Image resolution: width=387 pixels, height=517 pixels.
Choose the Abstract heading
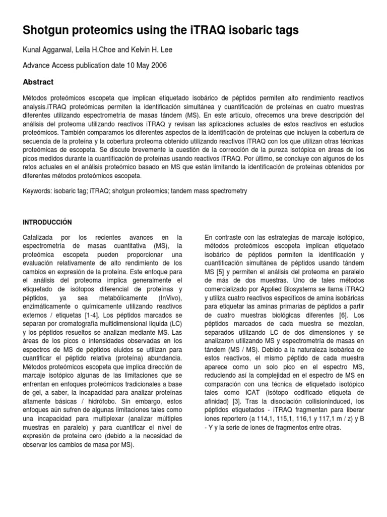coord(38,82)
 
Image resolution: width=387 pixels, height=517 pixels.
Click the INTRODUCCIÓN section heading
coord(48,222)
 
